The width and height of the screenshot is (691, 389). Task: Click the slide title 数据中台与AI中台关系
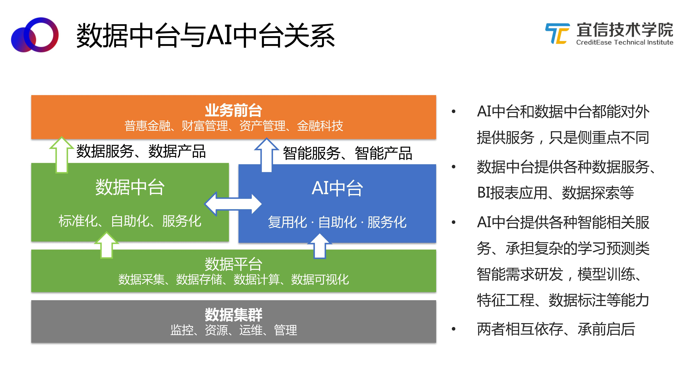(x=205, y=35)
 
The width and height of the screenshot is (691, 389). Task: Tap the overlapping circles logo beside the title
(x=35, y=35)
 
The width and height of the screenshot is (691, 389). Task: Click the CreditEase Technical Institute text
(x=624, y=42)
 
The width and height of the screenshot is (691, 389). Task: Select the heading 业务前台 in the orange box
(x=233, y=110)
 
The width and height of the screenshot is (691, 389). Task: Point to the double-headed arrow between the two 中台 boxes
(x=233, y=204)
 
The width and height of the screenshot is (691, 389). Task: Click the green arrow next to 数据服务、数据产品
(x=62, y=155)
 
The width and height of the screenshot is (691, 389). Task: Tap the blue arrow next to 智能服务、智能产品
(x=266, y=155)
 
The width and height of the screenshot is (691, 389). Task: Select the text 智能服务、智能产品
(x=347, y=153)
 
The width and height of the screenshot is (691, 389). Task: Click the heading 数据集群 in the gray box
(x=233, y=315)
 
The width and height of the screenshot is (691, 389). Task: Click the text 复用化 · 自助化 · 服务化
(x=337, y=222)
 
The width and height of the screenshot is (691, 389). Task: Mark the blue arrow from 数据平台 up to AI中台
(x=319, y=246)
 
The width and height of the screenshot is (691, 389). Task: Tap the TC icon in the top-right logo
(x=557, y=34)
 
